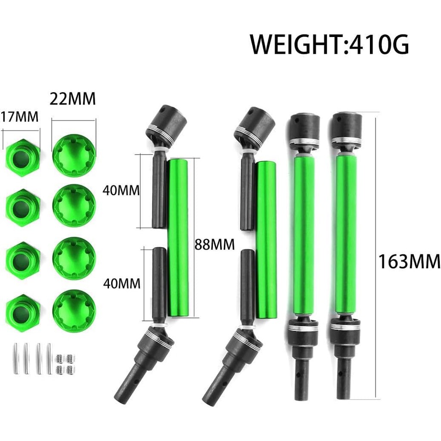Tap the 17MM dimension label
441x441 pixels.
(19, 116)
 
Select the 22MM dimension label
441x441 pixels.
(72, 99)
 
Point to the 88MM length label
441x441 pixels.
(214, 245)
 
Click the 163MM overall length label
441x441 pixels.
(409, 261)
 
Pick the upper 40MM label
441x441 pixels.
(121, 190)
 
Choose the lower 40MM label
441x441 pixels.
(121, 283)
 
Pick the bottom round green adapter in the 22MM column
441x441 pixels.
(74, 311)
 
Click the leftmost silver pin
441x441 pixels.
(15, 358)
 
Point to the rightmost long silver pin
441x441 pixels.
(49, 358)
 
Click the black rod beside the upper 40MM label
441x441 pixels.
(159, 192)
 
